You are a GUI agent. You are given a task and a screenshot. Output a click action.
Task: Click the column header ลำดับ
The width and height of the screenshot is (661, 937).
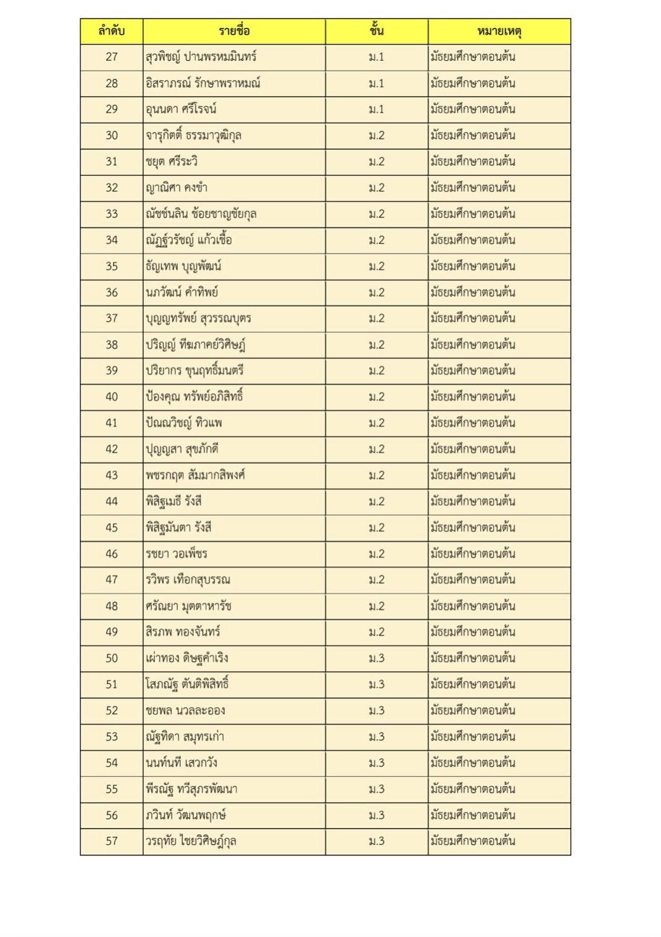(112, 31)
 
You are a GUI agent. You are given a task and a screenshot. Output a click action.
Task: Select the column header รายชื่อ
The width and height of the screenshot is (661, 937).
(234, 31)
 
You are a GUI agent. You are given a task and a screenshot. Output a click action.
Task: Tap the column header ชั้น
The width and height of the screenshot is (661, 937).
(376, 31)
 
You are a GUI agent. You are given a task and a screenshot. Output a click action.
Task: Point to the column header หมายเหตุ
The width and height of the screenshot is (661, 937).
(499, 31)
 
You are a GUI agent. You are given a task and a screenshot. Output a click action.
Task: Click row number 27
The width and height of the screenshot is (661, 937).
(112, 57)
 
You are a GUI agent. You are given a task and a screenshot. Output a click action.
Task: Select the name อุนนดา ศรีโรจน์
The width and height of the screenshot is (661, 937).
(181, 109)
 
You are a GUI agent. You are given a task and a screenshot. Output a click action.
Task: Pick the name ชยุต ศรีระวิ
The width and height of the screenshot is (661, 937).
(172, 162)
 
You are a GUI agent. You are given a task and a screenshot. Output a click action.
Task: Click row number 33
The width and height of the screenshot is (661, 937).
(112, 214)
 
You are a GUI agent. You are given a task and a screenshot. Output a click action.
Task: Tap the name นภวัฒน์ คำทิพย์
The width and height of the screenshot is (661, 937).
(182, 292)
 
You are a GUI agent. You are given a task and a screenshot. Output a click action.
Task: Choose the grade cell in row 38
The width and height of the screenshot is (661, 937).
(376, 344)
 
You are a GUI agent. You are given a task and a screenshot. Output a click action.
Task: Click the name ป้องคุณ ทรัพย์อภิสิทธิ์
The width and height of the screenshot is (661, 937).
(194, 396)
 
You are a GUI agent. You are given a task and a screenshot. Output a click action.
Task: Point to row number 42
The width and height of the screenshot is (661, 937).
(112, 449)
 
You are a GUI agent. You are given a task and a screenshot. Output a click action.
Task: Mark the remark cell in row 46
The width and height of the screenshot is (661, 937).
(473, 554)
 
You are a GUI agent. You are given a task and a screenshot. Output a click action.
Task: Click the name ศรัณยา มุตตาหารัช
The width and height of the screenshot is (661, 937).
(188, 606)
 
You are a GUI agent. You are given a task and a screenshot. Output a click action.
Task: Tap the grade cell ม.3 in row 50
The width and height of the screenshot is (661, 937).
(376, 658)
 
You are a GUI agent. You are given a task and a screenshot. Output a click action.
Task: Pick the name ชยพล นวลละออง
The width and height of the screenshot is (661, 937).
(185, 710)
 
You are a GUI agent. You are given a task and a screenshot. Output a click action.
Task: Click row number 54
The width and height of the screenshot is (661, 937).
(112, 762)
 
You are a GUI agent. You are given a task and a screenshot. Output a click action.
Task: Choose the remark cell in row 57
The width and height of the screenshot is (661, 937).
(473, 841)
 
